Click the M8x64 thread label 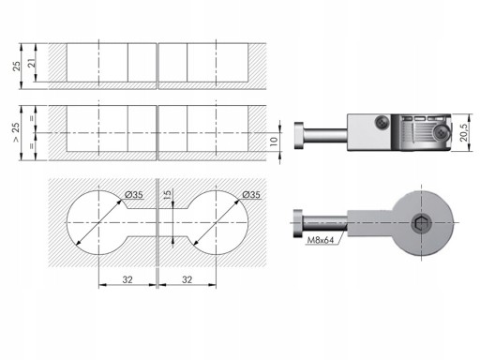pos(321,240)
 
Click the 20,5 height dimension pos(464,132)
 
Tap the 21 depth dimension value pos(32,63)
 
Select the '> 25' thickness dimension pos(16,132)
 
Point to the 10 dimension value pos(274,141)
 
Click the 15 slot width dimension pos(168,194)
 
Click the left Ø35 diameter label pos(134,195)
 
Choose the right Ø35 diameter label pos(251,195)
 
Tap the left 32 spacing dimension pos(127,279)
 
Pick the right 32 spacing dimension pos(187,279)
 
